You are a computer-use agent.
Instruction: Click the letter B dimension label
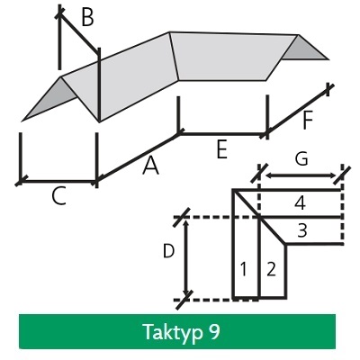pos(87,17)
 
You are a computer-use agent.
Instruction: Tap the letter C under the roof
pos(58,197)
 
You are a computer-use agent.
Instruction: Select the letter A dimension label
pos(151,166)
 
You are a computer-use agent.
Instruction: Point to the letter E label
pos(221,149)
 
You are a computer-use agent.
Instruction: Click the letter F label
pos(308,121)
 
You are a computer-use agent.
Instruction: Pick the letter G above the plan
pos(301,158)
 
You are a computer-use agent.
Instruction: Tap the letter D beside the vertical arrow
pos(168,251)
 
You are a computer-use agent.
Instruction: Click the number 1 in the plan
pos(244,269)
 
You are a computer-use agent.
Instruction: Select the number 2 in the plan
pos(271,269)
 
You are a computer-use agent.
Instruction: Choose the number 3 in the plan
pos(302,230)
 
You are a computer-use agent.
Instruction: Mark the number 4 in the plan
pos(300,203)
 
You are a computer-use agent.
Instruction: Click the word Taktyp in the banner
pos(172,332)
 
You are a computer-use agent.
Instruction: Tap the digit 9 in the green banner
pos(213,331)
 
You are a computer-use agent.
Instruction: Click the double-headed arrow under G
pos(301,175)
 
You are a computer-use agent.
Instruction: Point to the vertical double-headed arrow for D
pos(186,257)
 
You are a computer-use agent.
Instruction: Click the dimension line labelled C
pos(58,181)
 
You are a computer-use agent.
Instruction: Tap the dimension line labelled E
pos(223,134)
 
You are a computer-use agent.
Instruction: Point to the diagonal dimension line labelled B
pos(79,33)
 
